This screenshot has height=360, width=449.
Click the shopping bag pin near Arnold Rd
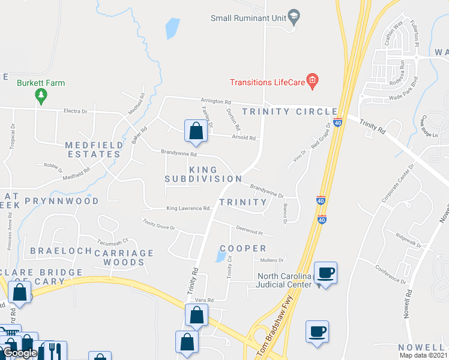click(196, 131)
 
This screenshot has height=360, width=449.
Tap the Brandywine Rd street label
click(179, 154)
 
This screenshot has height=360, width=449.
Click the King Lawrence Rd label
click(188, 208)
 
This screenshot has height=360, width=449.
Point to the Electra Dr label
click(75, 111)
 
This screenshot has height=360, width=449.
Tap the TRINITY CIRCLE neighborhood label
click(290, 112)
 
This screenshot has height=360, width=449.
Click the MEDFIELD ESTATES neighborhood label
click(93, 149)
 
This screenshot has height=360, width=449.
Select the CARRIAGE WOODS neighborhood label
click(124, 257)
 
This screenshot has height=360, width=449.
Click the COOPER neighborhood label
click(243, 248)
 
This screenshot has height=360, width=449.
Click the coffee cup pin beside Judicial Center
click(325, 272)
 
